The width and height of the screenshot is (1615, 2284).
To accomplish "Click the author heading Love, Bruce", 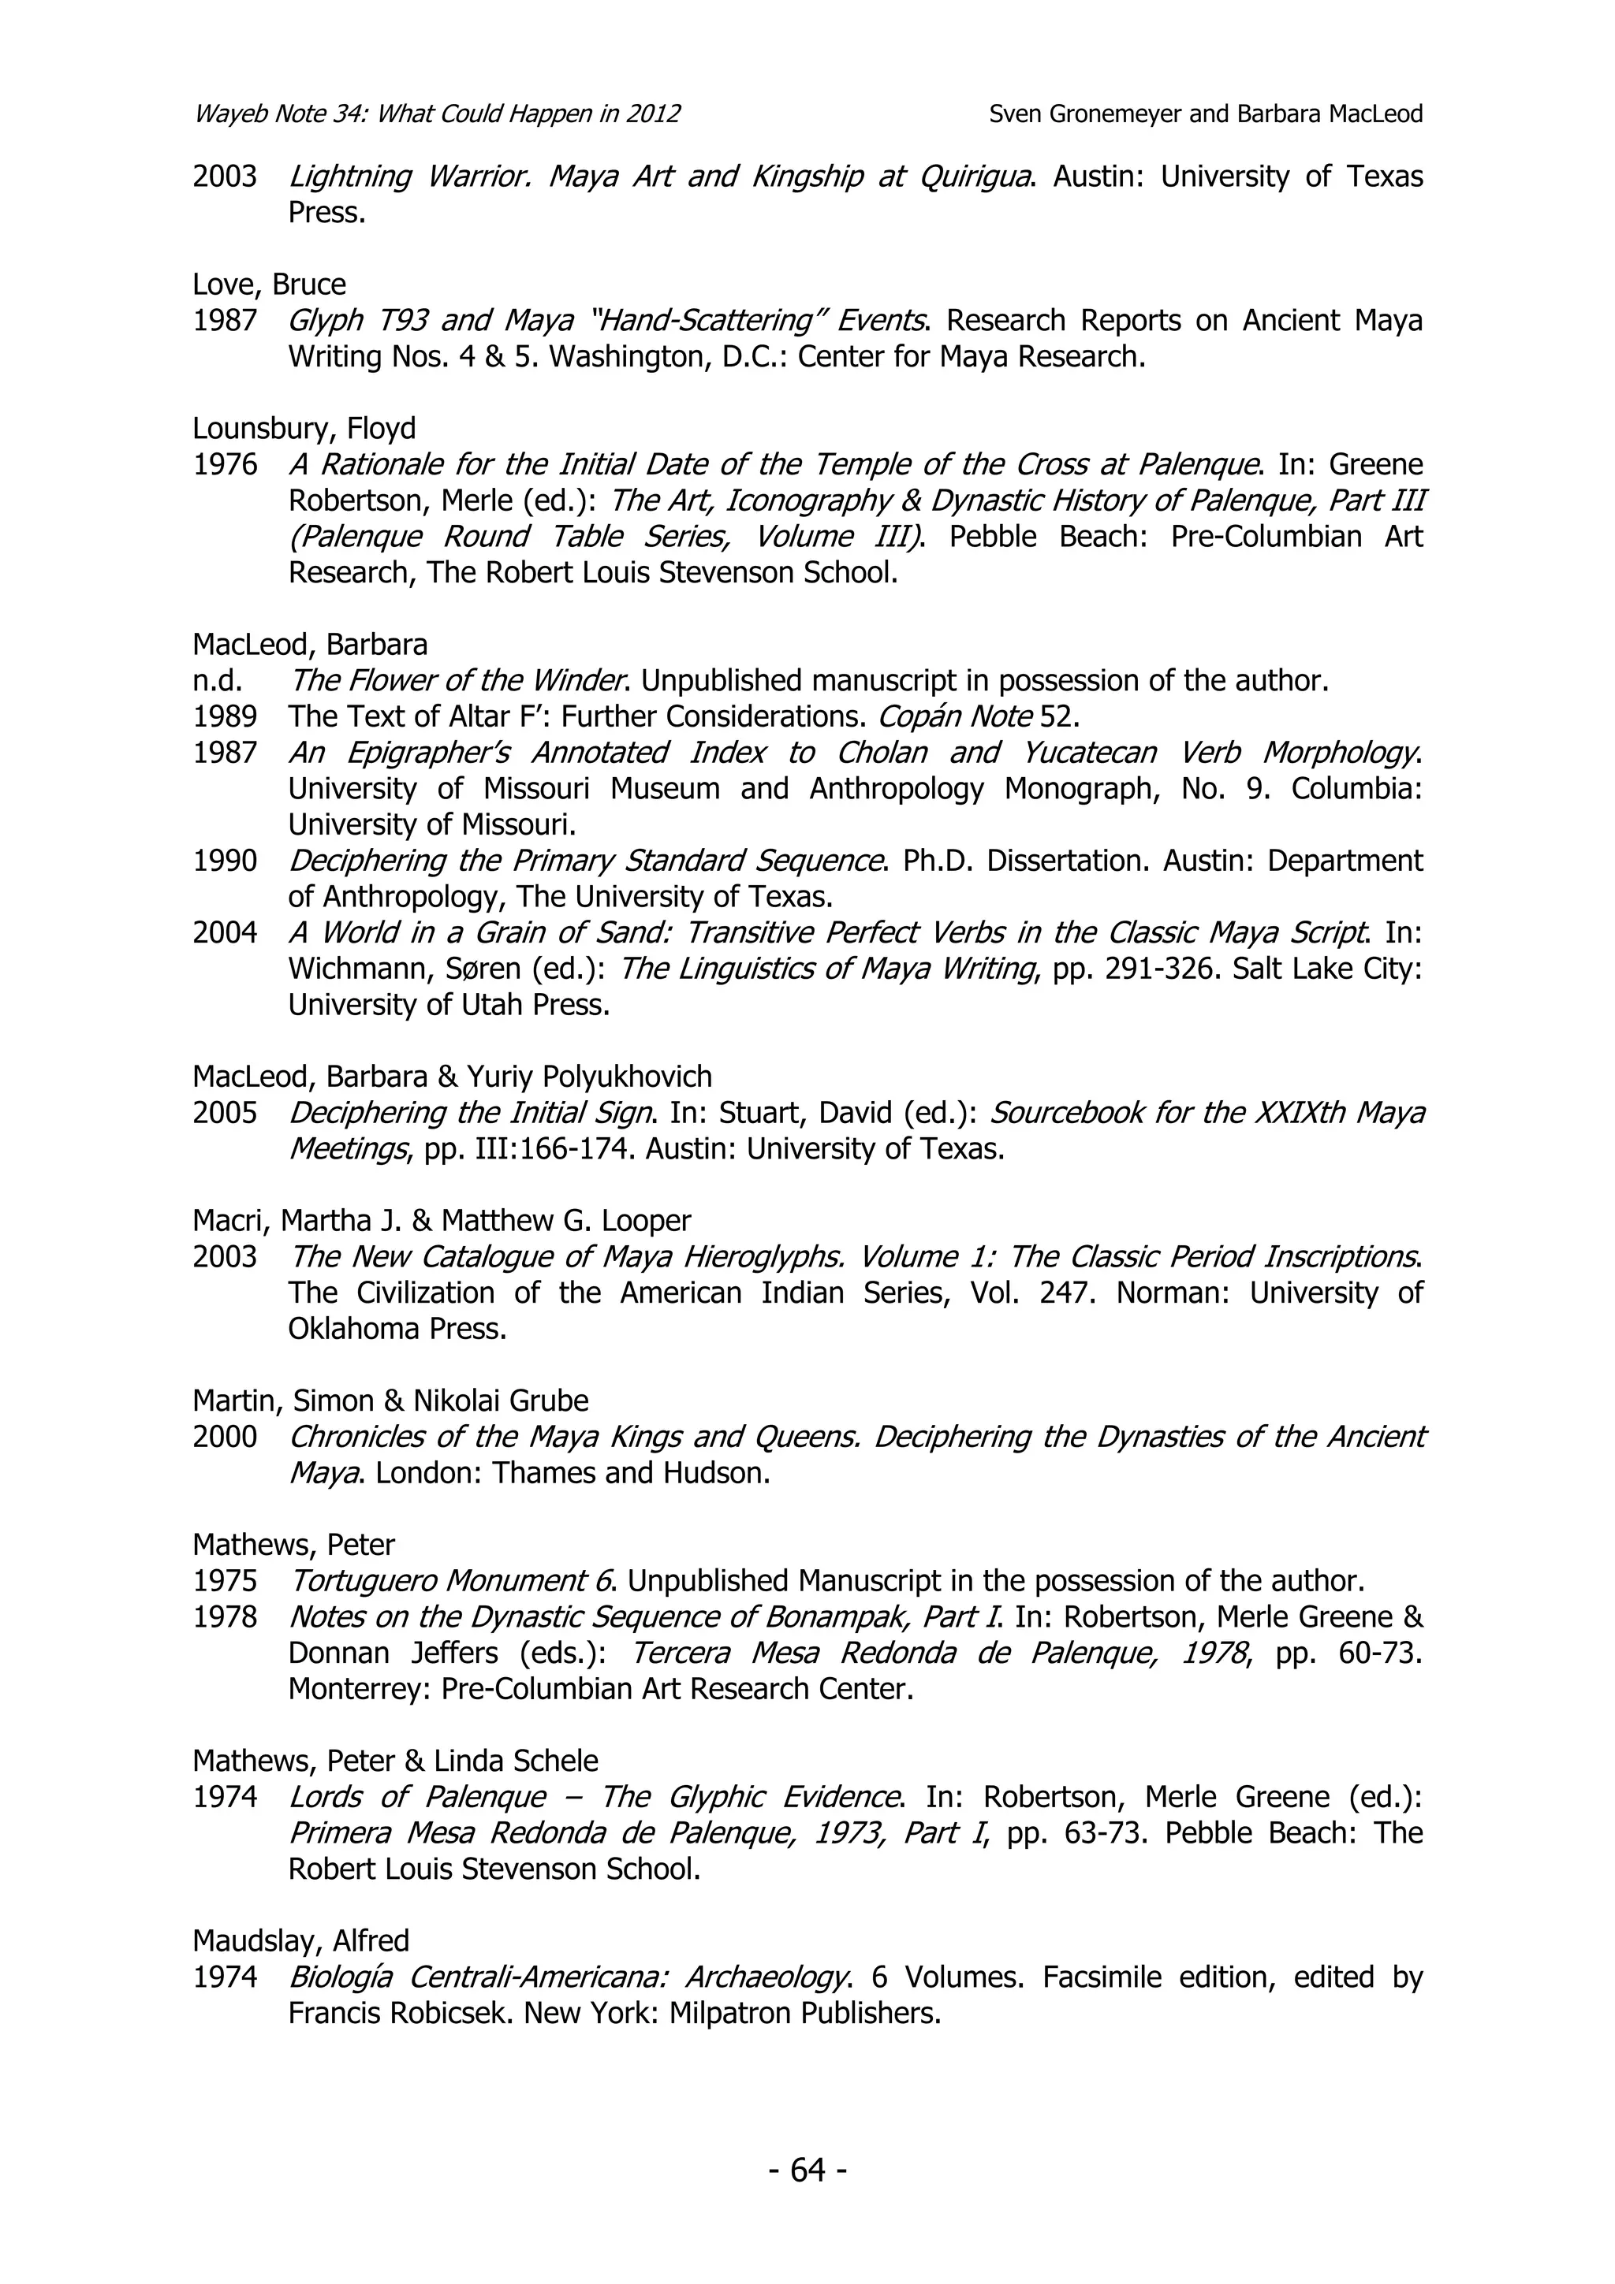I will pyautogui.click(x=269, y=285).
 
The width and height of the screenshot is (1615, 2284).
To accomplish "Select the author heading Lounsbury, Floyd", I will pyautogui.click(x=304, y=429).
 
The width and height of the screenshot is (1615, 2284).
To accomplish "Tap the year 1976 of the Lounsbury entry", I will pyautogui.click(x=225, y=464).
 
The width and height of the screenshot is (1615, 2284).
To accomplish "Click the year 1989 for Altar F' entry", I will pyautogui.click(x=225, y=716).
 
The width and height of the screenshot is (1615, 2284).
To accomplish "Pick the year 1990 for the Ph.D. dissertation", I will pyautogui.click(x=225, y=861).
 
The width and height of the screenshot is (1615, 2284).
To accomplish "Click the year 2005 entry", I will pyautogui.click(x=225, y=1112).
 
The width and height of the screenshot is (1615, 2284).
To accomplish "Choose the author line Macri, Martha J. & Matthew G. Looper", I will pyautogui.click(x=441, y=1221).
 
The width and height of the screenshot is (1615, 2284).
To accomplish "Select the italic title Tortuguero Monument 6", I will pyautogui.click(x=453, y=1581).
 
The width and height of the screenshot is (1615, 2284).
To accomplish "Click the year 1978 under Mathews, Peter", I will pyautogui.click(x=225, y=1616).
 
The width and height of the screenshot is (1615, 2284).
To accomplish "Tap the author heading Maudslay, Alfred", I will pyautogui.click(x=300, y=1941).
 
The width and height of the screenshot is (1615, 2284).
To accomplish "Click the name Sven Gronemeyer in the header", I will pyautogui.click(x=1084, y=114).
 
